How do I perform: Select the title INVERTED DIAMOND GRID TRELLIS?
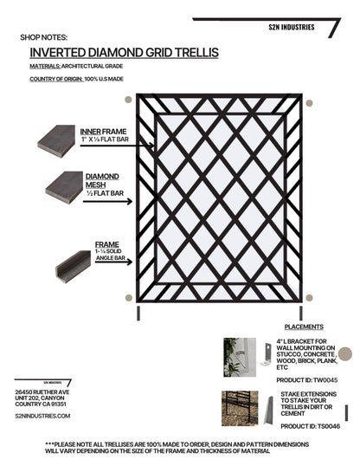124,53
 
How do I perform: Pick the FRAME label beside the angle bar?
107,245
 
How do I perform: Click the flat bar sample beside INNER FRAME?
56,139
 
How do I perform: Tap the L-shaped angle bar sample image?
72,265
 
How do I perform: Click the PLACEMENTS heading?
304,327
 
